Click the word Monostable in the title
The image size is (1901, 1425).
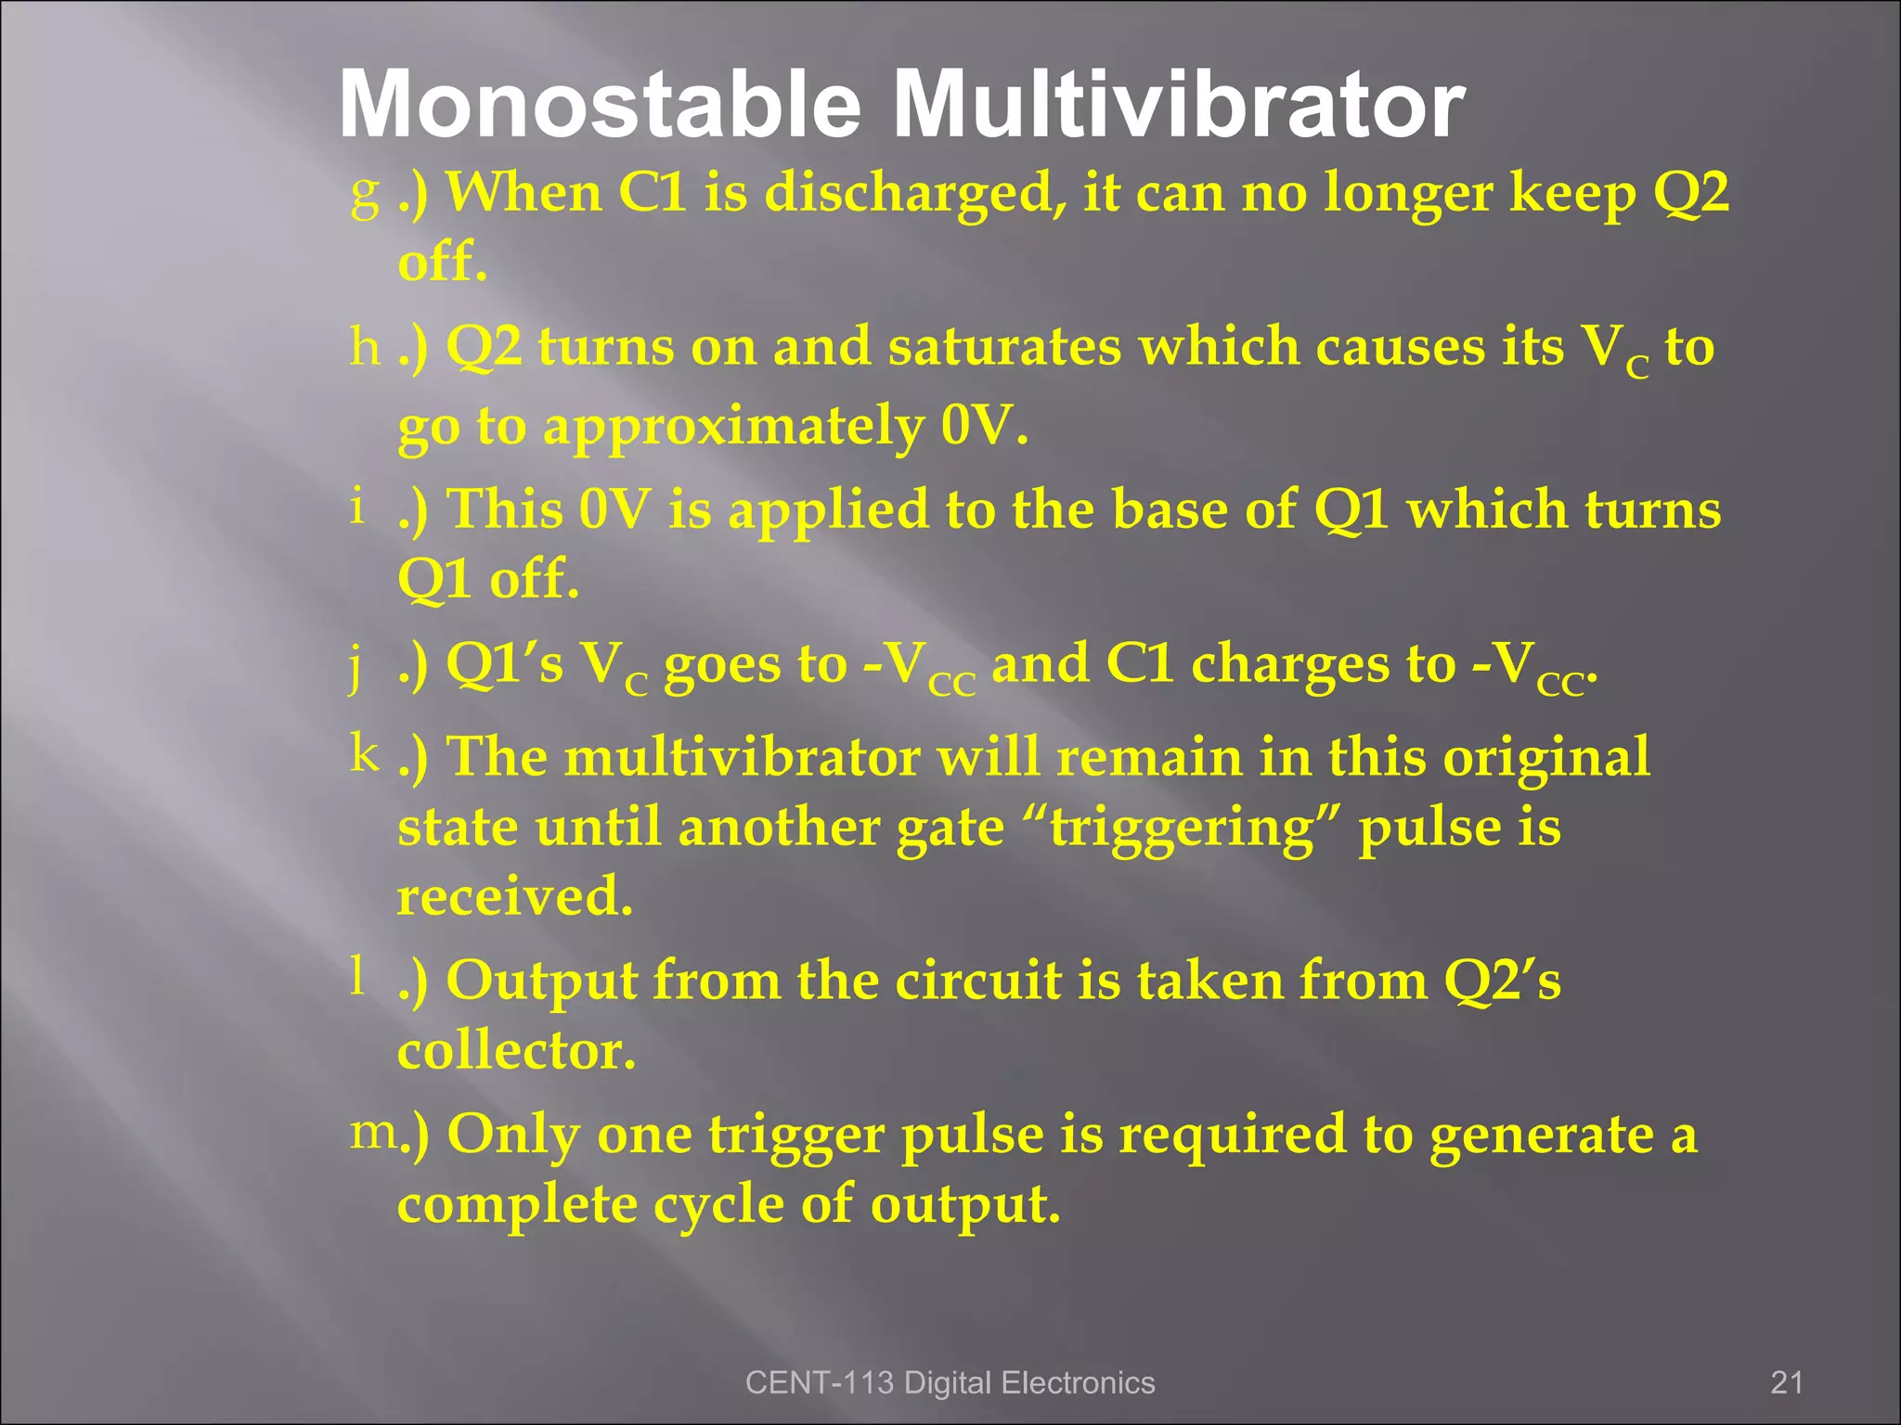600,105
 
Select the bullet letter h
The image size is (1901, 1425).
365,349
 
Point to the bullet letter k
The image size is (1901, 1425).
365,752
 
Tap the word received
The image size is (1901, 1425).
515,897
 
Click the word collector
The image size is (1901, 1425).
517,1051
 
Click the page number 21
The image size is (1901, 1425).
1786,1383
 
